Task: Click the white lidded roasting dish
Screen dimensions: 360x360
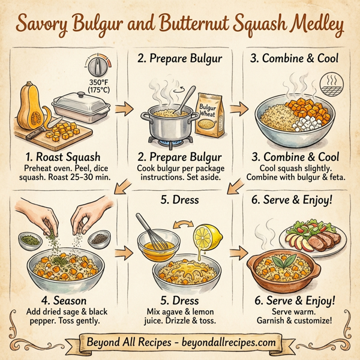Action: pyautogui.click(x=82, y=107)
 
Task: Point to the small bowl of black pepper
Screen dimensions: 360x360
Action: pyautogui.click(x=98, y=238)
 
